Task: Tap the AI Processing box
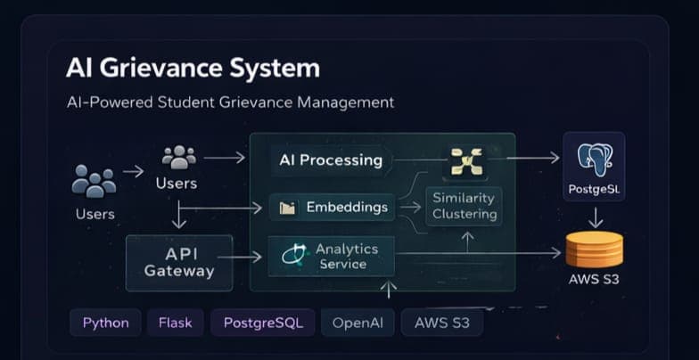[331, 160]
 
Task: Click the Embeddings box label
[347, 208]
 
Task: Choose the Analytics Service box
[332, 257]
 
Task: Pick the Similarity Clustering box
[464, 206]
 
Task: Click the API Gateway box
[179, 262]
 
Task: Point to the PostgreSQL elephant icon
[594, 159]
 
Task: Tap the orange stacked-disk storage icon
[594, 250]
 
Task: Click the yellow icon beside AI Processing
[466, 161]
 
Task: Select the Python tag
[105, 323]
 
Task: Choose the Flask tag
[176, 323]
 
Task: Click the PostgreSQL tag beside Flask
[263, 323]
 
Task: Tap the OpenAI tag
[358, 323]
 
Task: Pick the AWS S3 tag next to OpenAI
[441, 323]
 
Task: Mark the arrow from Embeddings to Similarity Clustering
[411, 208]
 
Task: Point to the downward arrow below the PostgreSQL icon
[596, 217]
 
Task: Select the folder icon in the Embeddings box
[287, 209]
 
